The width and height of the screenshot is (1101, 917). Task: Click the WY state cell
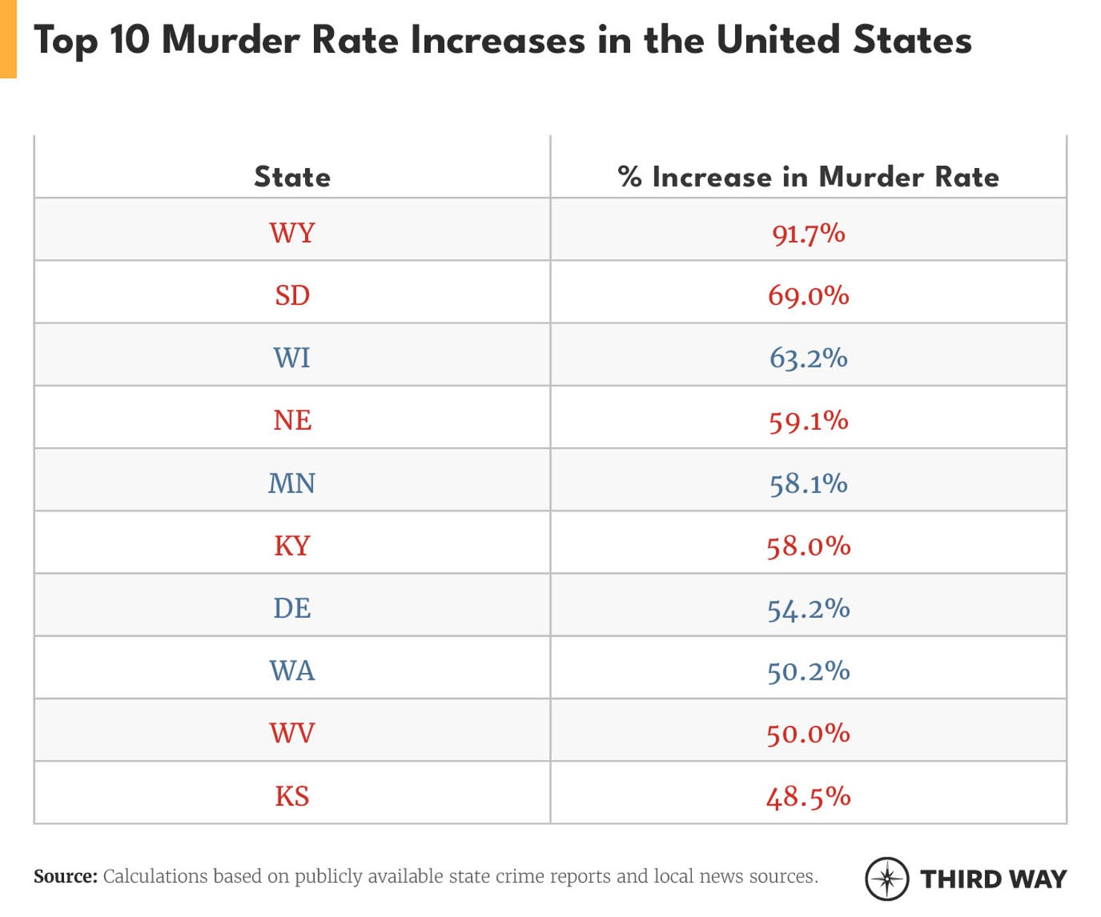coord(292,233)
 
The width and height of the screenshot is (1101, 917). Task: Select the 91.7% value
coord(808,234)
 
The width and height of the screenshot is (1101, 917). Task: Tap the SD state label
coord(292,295)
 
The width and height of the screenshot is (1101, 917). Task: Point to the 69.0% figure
coord(808,296)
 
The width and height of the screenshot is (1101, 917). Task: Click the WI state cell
coord(292,358)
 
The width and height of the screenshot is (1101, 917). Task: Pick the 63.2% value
coord(808,358)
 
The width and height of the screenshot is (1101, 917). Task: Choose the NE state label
coord(292,420)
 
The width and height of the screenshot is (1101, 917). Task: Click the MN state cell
coord(292,483)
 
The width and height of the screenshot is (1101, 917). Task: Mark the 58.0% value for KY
coord(808,547)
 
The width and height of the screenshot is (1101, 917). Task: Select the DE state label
coord(292,608)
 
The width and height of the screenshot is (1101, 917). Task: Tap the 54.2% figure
coord(808,609)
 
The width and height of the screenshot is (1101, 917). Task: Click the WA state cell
coord(292,671)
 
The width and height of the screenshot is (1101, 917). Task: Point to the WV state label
coord(292,733)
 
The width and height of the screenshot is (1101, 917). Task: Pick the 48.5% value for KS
coord(808,797)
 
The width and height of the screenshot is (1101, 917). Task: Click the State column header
coord(292,177)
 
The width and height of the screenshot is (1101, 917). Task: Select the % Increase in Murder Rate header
coord(808,177)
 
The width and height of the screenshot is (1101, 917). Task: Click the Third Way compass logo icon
coord(887,878)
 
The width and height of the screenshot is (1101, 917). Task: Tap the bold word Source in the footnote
coord(65,876)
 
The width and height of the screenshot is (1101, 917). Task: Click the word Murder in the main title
coord(231,40)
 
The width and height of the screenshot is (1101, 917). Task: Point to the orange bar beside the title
coord(8,39)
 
